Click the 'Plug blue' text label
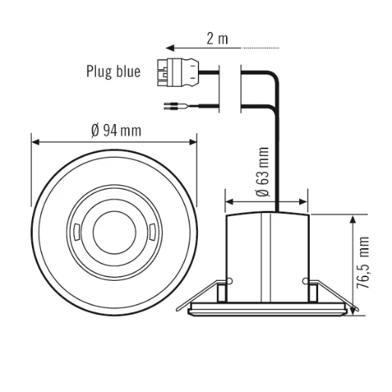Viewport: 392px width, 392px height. [x=113, y=74]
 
